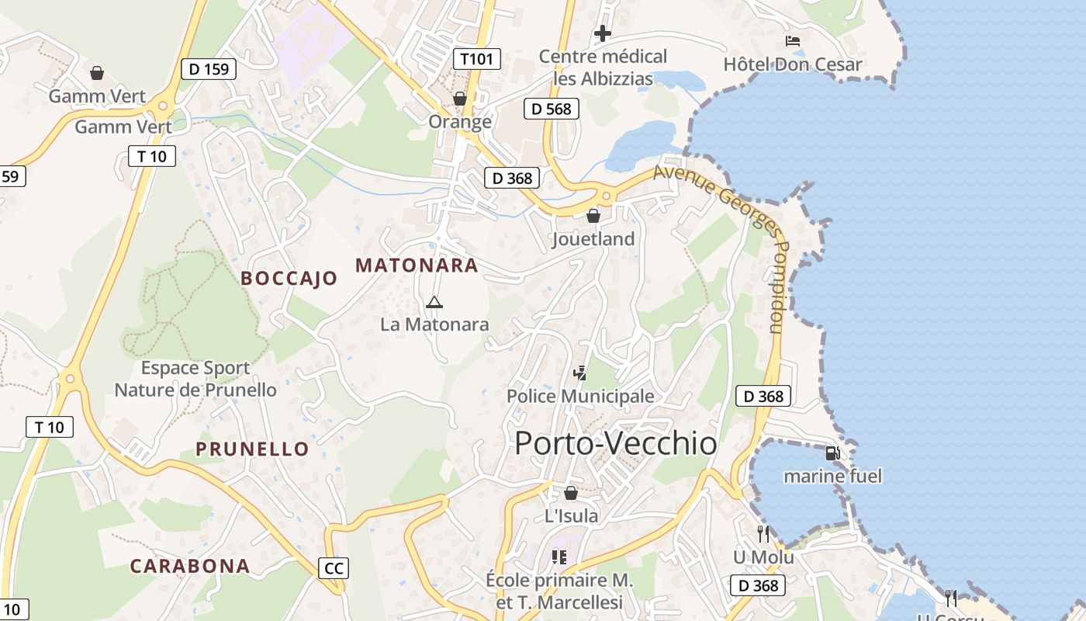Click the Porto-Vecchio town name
[x=615, y=443]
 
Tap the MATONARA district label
[x=417, y=265]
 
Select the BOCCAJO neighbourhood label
[x=289, y=278]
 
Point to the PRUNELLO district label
[x=252, y=449]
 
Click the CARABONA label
[x=190, y=566]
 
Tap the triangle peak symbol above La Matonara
[x=434, y=302]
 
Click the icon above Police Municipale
[x=579, y=373]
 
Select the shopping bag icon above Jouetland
[x=593, y=216]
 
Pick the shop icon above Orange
[x=460, y=99]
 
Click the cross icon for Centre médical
[x=603, y=33]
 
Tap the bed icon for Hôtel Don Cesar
[x=792, y=41]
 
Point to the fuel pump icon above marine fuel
[x=832, y=453]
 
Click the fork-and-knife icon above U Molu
[x=763, y=533]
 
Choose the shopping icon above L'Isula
[x=571, y=493]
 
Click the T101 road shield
[x=477, y=59]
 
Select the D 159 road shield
[x=209, y=69]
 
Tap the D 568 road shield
[x=552, y=109]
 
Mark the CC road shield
[x=334, y=568]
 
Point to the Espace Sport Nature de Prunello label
[x=195, y=379]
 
